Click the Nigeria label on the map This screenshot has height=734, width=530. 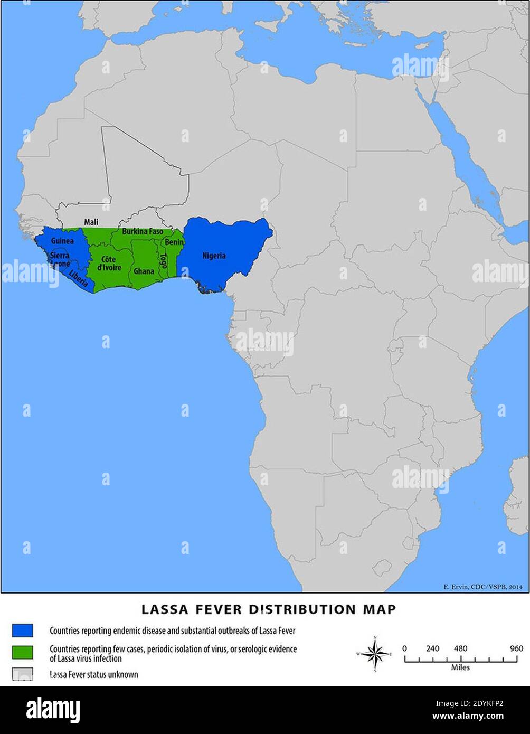click(x=214, y=256)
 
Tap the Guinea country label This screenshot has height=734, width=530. click(x=62, y=241)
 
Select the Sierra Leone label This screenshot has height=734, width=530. click(x=59, y=259)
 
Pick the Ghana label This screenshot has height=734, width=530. click(x=144, y=271)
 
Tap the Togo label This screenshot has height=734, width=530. click(x=163, y=261)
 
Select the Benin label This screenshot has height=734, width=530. click(x=174, y=242)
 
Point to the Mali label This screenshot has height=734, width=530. click(x=91, y=222)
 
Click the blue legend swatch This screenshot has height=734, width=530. click(x=22, y=631)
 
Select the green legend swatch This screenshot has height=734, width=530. click(x=22, y=652)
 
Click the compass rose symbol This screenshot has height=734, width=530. click(x=375, y=654)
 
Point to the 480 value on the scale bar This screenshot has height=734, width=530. click(x=461, y=648)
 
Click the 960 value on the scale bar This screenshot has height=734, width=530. click(x=516, y=648)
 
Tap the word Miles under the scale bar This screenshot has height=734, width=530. click(x=460, y=667)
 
